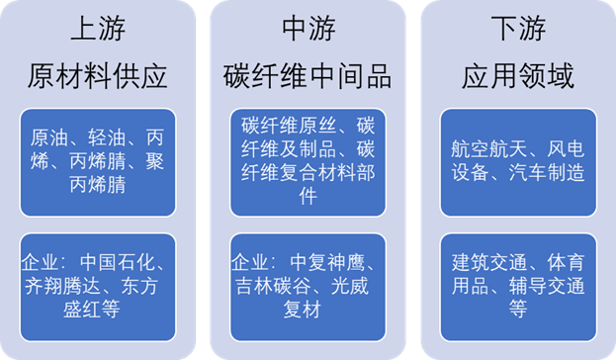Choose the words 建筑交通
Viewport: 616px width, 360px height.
point(482,264)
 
